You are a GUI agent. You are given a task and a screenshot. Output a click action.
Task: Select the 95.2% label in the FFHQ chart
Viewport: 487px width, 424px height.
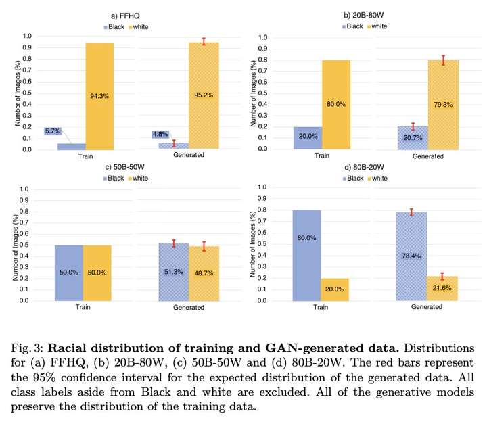point(203,96)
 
